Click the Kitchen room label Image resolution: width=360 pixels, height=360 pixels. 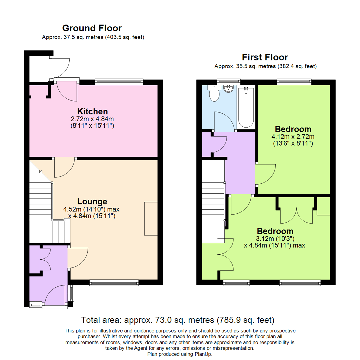pos(92,111)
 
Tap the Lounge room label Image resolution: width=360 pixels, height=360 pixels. pos(92,201)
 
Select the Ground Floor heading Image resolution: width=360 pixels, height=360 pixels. pos(92,28)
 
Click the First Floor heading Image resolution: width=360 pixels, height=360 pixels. pos(265,57)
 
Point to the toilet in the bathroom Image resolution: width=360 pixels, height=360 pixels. pos(213,93)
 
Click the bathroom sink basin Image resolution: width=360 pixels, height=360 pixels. pos(229,89)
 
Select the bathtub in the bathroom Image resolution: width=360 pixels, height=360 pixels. pos(246,107)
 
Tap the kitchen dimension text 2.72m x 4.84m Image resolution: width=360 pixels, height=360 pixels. pos(93,119)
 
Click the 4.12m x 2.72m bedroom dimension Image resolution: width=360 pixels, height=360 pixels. pos(293,137)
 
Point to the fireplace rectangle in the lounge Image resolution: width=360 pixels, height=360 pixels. pos(151,219)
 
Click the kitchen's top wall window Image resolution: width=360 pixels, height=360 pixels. pos(119,81)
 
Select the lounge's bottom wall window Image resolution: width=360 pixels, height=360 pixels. pos(114,283)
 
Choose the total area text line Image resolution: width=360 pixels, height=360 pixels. pos(178,320)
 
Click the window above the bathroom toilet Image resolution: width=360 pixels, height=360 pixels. pos(229,81)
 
